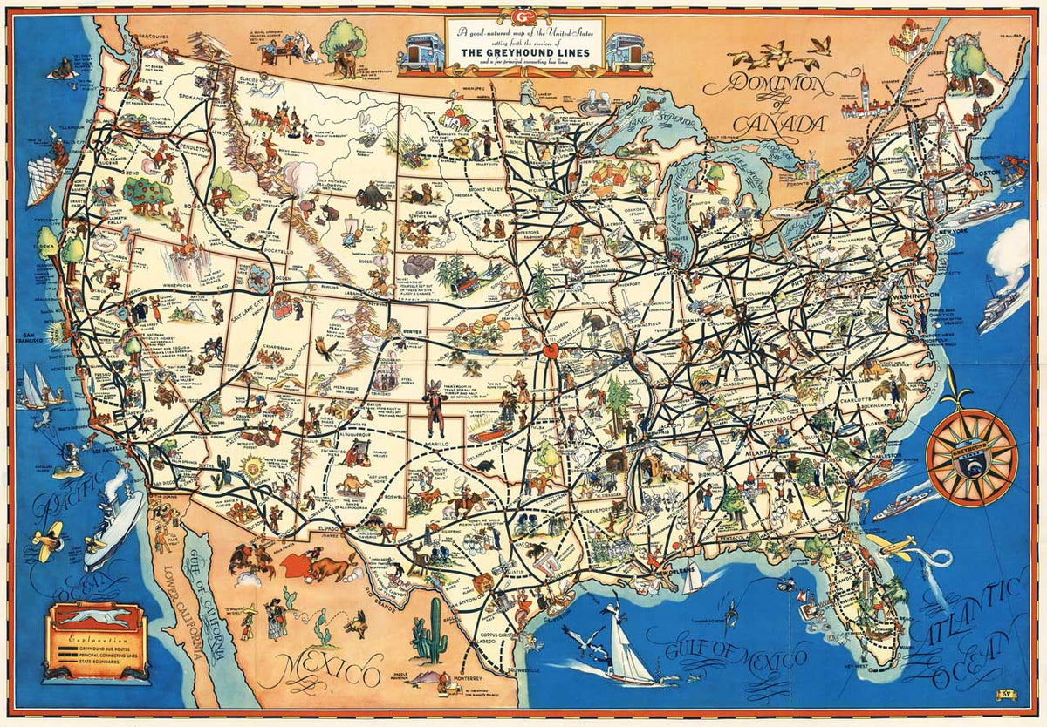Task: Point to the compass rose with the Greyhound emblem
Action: pos(971,451)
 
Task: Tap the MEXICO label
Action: pos(324,670)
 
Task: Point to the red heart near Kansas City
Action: pos(551,352)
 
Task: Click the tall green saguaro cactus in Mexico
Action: pos(429,633)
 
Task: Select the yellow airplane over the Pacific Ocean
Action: pos(45,540)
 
